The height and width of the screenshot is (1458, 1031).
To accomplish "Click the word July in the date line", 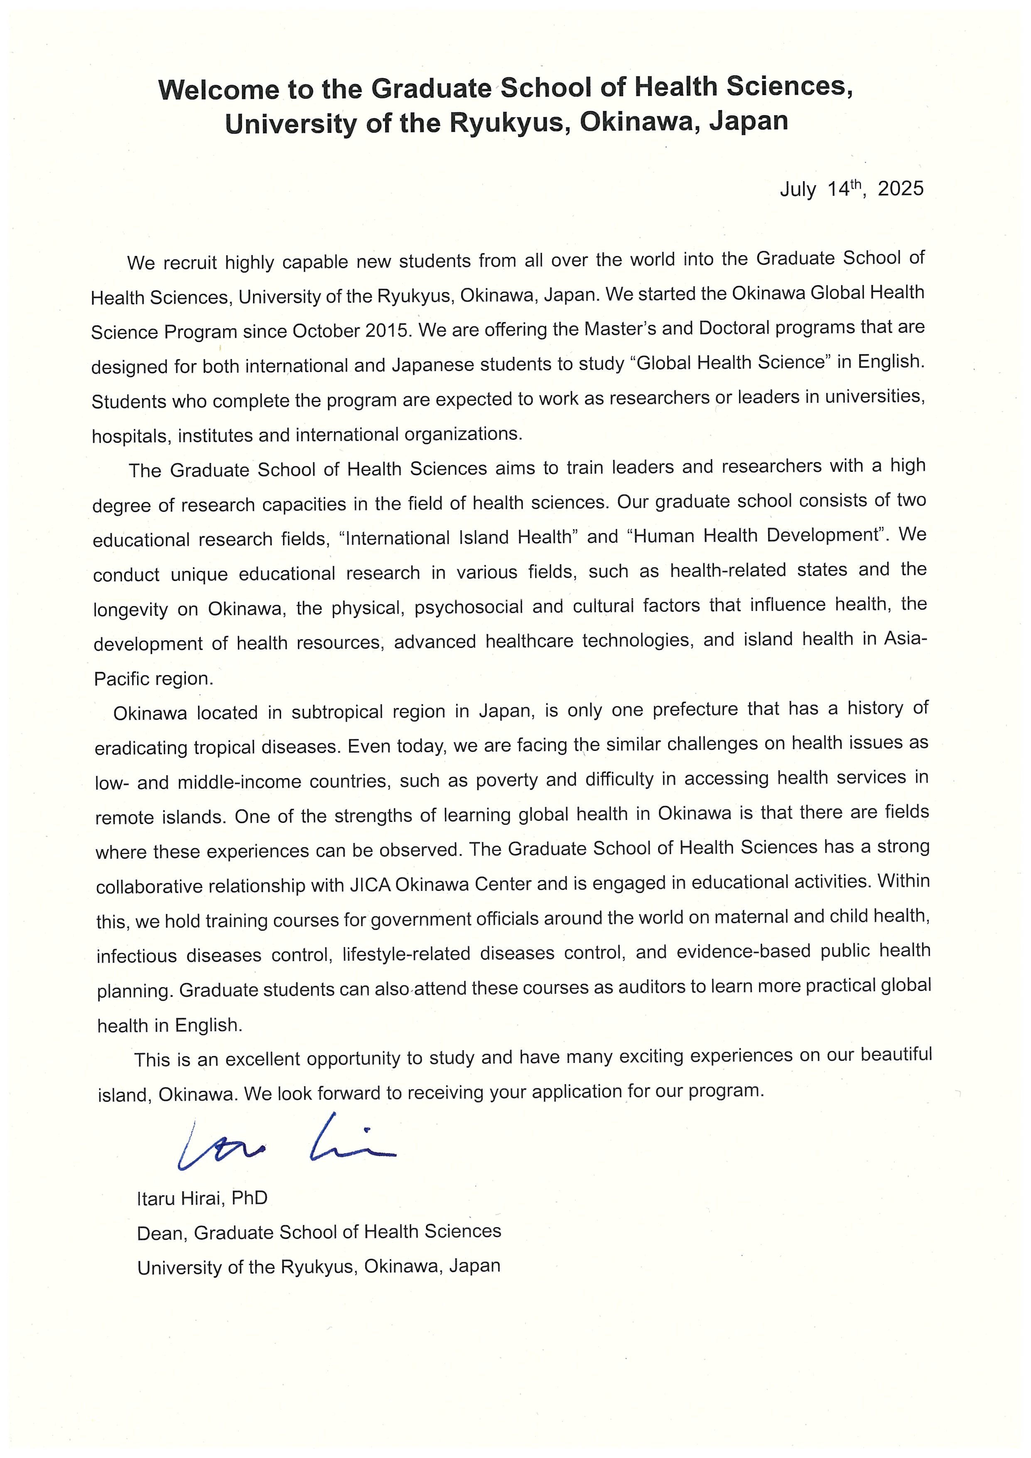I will tap(798, 189).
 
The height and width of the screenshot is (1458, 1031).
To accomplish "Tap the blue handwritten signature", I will tap(286, 1144).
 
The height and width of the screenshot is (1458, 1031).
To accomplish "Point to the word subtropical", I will tap(337, 712).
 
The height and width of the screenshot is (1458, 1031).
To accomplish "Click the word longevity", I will tap(130, 610).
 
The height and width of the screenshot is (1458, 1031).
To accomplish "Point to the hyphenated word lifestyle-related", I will tap(406, 954).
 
